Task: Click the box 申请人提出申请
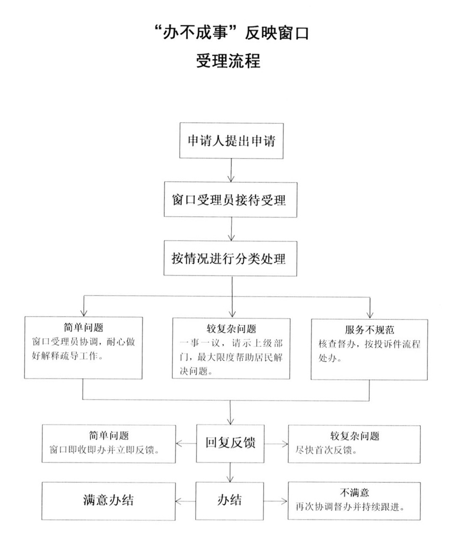point(231,141)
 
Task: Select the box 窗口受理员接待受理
point(230,200)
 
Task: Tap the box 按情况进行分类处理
point(230,258)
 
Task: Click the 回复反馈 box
point(230,443)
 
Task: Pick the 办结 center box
point(230,501)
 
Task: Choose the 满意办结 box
point(108,501)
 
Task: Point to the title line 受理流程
point(228,61)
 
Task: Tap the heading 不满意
point(354,492)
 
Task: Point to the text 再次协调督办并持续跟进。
point(350,507)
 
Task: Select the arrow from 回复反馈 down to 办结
point(230,472)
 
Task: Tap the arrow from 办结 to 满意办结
point(185,501)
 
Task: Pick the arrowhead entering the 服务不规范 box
point(370,314)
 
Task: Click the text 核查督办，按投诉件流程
point(369,344)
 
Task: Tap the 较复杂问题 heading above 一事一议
point(231,329)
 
